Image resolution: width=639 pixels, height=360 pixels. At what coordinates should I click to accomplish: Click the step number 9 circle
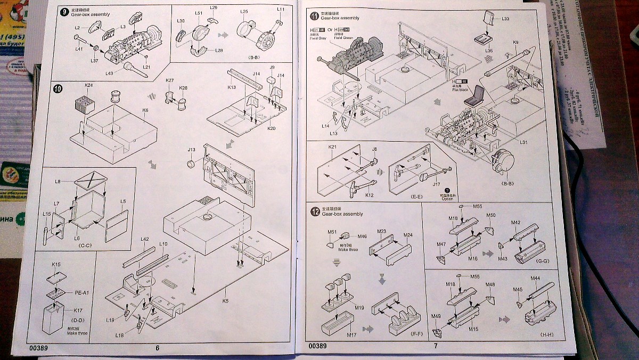click(64, 12)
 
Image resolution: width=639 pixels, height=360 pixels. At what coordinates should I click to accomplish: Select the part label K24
click(88, 85)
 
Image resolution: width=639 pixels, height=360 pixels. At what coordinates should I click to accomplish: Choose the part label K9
click(515, 43)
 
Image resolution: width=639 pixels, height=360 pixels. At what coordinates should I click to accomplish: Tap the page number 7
click(436, 346)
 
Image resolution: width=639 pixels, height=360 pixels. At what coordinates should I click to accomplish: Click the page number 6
click(157, 348)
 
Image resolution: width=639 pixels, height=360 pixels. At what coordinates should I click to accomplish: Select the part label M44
click(535, 279)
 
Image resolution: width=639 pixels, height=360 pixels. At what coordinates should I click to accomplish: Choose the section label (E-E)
click(417, 197)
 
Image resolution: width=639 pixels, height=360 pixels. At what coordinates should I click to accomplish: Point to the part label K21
click(333, 146)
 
